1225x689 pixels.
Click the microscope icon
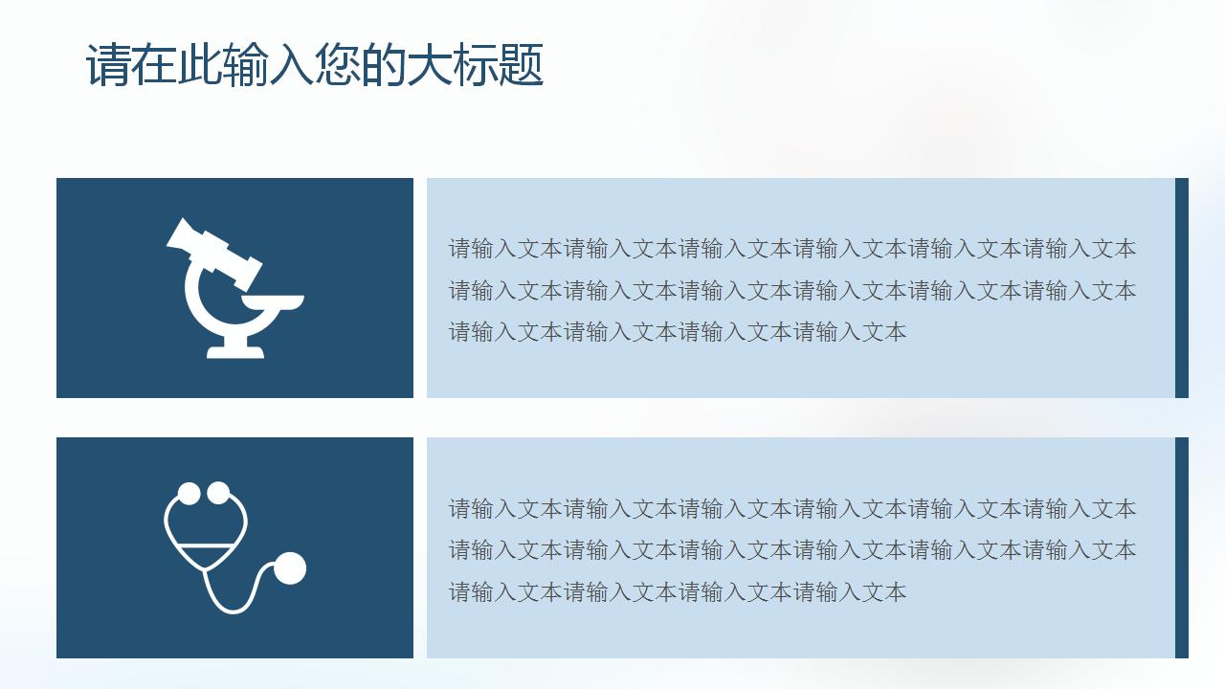pos(234,288)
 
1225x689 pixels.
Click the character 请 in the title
pos(109,66)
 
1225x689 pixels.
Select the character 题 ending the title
pos(522,66)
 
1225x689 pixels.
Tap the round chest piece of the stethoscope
pos(290,568)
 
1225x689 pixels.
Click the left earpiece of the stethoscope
pos(189,493)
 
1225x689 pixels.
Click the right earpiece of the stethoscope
pos(219,493)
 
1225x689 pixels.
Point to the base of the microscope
pos(235,351)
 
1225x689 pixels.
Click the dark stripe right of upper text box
pos(1182,288)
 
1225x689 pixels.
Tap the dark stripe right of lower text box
pos(1182,547)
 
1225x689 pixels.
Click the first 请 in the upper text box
pos(460,249)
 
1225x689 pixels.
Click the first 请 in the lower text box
pos(460,509)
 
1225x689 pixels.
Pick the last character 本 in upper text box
pos(896,332)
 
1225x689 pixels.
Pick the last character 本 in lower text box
pos(896,592)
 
